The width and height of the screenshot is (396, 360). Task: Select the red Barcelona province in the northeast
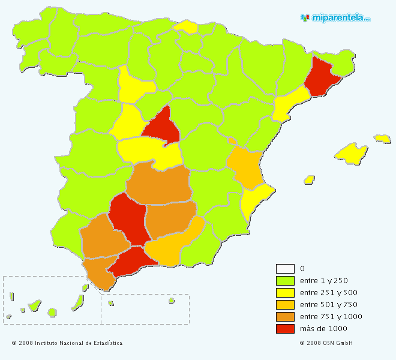tap(321, 78)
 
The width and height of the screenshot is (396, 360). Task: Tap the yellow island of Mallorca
tap(351, 152)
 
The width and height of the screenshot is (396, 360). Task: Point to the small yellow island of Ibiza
tap(310, 179)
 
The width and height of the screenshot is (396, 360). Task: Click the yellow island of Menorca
tap(382, 139)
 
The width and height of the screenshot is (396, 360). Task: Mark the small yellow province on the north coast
tap(187, 26)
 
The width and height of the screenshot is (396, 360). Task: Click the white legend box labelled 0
tap(285, 268)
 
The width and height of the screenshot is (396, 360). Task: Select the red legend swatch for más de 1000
tap(285, 328)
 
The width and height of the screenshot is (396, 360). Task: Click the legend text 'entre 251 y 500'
tap(328, 292)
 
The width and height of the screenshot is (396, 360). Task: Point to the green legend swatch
tap(285, 280)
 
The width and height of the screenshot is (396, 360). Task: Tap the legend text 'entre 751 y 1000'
tap(331, 316)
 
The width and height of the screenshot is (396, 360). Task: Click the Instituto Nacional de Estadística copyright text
tap(67, 343)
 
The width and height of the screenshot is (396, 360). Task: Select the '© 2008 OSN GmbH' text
tap(326, 343)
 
